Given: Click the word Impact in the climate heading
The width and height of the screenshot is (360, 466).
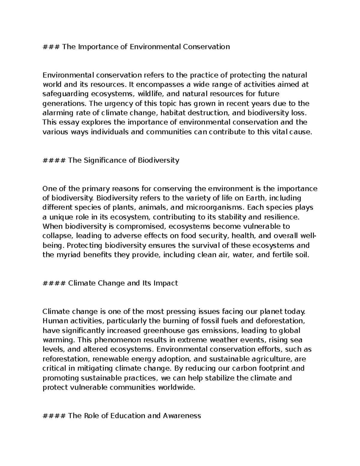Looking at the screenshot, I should coord(166,283).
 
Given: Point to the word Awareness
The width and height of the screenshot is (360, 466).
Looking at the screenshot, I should coord(182,416).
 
